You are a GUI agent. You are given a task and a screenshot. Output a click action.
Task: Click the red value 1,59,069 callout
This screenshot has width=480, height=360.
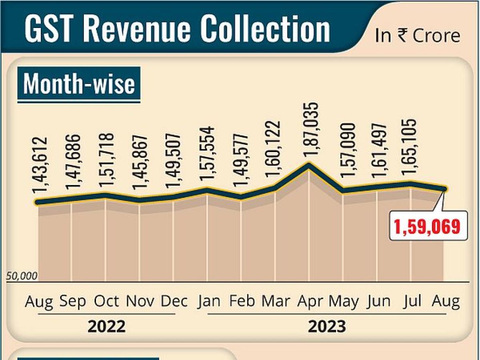click(427, 227)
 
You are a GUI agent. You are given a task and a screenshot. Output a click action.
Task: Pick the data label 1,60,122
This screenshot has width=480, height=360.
click(275, 154)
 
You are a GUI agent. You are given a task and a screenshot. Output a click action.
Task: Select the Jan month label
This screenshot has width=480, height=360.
click(209, 301)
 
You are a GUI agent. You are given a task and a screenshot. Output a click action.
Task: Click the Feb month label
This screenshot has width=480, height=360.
click(242, 301)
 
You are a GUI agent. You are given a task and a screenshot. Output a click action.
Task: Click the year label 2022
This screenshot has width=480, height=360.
click(106, 327)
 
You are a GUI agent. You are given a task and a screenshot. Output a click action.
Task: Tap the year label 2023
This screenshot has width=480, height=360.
click(327, 327)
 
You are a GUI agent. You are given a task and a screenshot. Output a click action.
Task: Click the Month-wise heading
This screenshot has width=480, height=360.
click(79, 84)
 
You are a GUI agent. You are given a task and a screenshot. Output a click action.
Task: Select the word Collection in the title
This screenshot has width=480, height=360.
click(265, 29)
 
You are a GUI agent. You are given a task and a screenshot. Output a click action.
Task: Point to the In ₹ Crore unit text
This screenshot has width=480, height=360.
click(418, 36)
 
